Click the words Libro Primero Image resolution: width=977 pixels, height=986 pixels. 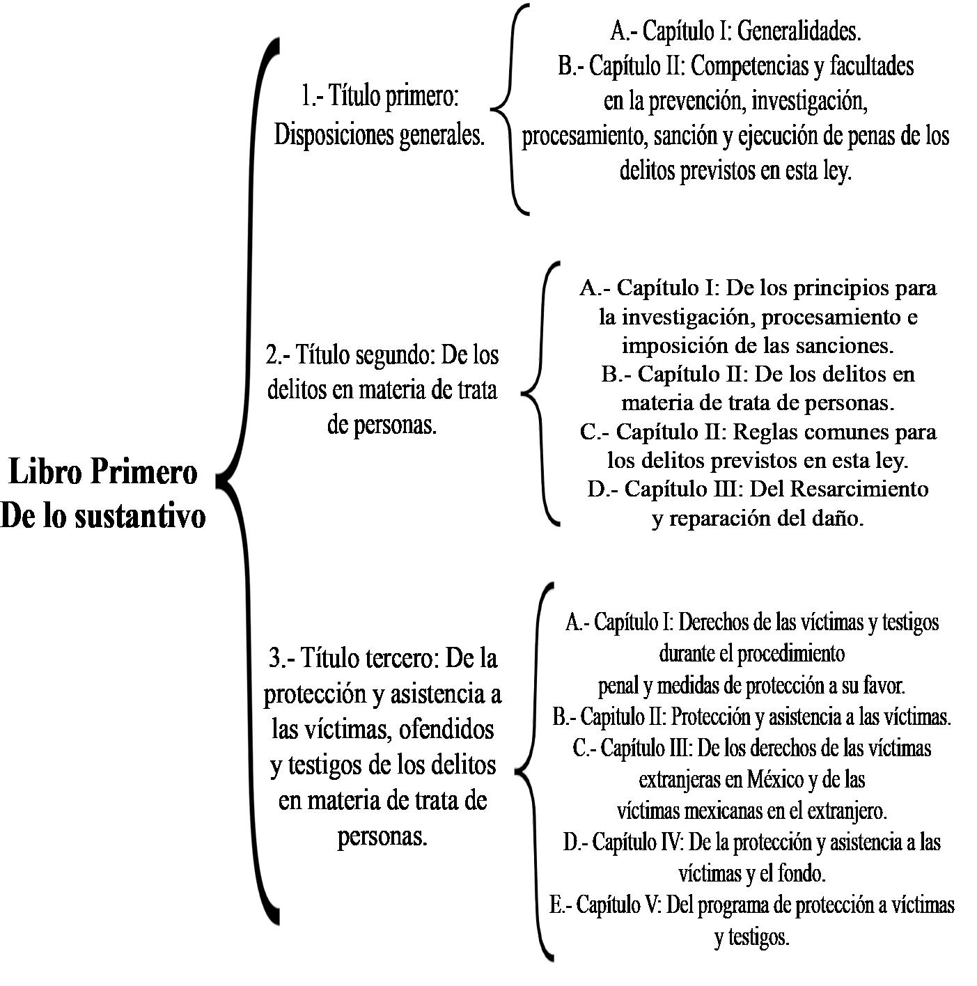tap(103, 472)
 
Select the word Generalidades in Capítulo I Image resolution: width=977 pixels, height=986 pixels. tap(797, 31)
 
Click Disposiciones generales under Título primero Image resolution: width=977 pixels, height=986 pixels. tap(380, 134)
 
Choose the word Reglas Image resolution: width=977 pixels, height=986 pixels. tap(765, 432)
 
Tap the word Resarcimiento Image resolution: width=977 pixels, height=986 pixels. tap(859, 489)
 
